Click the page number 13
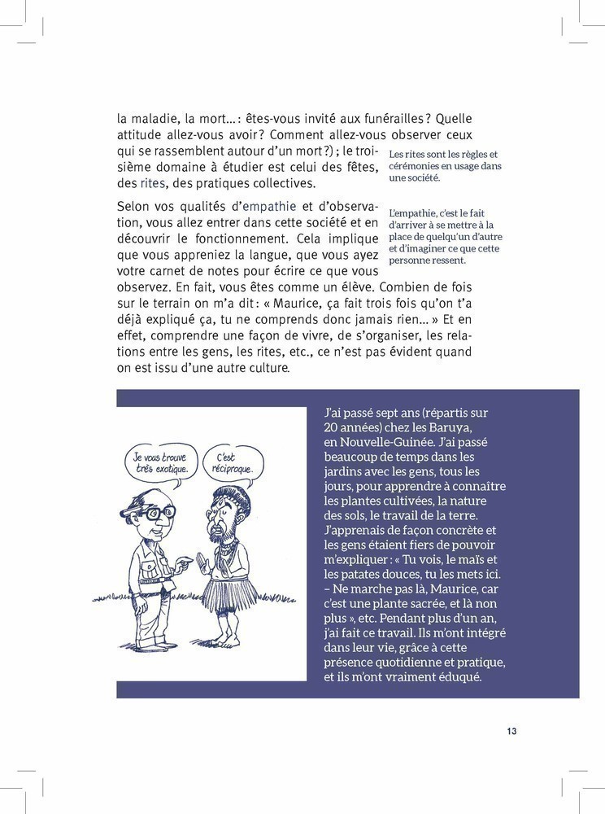coord(511,731)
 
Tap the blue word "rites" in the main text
coord(153,183)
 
